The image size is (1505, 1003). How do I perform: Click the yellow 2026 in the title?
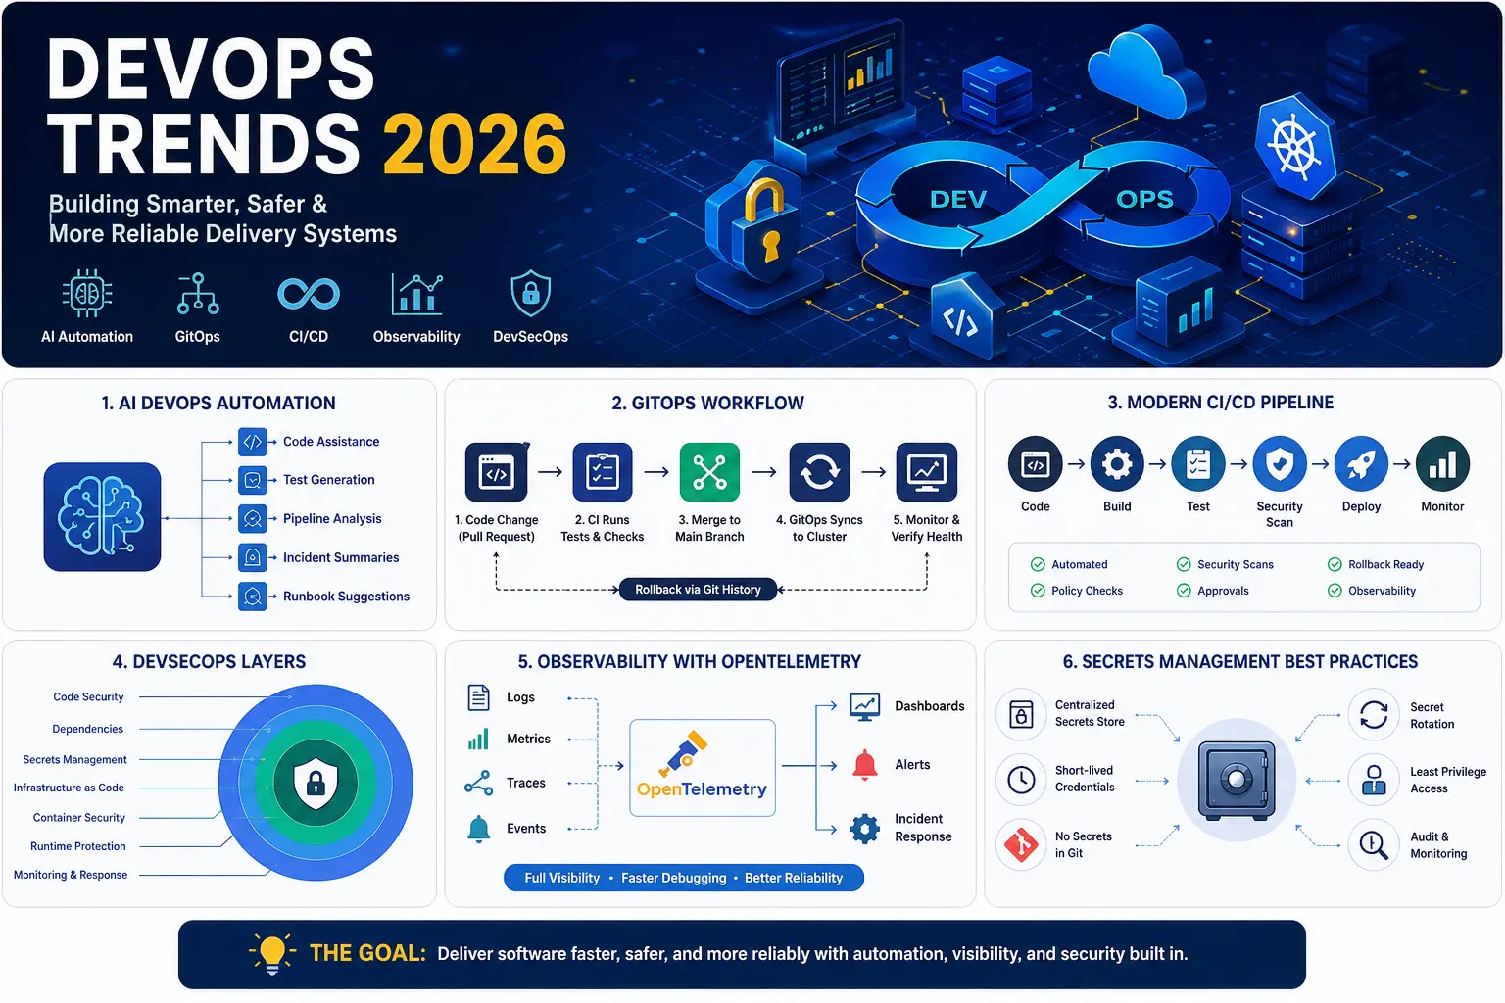(x=474, y=144)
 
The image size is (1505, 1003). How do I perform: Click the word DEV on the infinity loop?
(x=957, y=200)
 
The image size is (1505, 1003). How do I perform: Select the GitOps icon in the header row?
(x=197, y=294)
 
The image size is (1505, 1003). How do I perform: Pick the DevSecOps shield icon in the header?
(x=530, y=294)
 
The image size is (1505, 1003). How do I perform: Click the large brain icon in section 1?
(x=102, y=516)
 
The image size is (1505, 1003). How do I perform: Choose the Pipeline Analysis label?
(x=332, y=519)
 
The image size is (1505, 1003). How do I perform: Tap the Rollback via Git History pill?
(x=698, y=590)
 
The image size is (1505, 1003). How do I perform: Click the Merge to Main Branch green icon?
(x=709, y=472)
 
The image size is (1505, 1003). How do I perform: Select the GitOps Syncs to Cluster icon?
(x=819, y=472)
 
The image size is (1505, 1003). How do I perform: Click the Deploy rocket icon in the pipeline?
(x=1361, y=464)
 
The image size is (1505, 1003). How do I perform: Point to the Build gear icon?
(x=1117, y=464)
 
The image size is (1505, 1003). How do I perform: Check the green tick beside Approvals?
(x=1184, y=591)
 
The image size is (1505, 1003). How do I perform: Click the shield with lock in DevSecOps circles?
(x=316, y=783)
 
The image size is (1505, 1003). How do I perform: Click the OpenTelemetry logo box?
(x=702, y=768)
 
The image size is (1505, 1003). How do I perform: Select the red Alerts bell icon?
(x=864, y=765)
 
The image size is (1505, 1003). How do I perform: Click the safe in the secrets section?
(x=1237, y=781)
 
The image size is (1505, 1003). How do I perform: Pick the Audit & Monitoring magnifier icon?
(x=1374, y=844)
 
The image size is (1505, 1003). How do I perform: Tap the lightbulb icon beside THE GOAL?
(x=272, y=953)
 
